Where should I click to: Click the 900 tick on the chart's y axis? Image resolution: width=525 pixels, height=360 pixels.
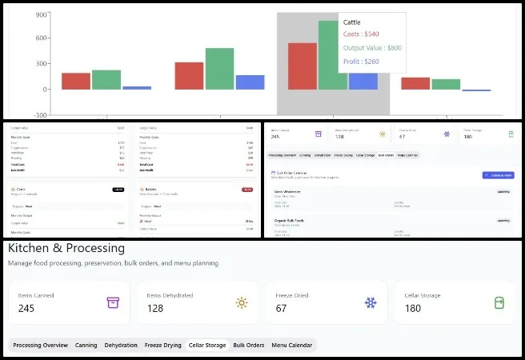(41, 14)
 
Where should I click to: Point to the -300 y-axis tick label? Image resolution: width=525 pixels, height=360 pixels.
(38, 114)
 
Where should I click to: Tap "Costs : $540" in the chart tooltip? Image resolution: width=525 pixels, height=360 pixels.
(362, 34)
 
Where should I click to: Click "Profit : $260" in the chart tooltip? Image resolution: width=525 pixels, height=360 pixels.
(363, 61)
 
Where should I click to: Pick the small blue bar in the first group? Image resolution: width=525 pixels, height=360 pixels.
(137, 87)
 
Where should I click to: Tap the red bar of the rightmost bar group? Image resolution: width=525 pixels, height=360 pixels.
(415, 83)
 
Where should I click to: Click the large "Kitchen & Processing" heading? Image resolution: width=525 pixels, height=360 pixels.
(66, 248)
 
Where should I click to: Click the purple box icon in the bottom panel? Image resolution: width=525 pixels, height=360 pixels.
(113, 303)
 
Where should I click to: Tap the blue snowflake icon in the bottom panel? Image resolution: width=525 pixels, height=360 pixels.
(371, 303)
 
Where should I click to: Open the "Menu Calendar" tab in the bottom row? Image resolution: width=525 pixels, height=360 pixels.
(292, 346)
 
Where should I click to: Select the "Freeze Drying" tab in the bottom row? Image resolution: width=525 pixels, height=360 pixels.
(163, 346)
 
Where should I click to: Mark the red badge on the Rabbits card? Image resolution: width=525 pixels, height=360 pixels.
(247, 189)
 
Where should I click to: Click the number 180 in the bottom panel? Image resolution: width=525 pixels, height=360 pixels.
(413, 309)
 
